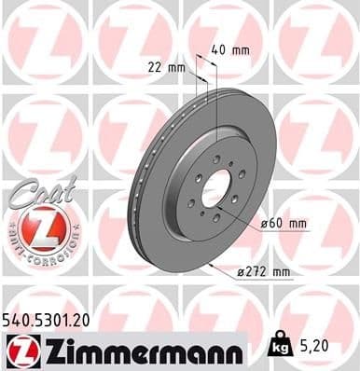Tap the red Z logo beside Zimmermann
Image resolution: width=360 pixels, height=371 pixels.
pos(20,350)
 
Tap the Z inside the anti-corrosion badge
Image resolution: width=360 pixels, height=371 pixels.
pos(39,228)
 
